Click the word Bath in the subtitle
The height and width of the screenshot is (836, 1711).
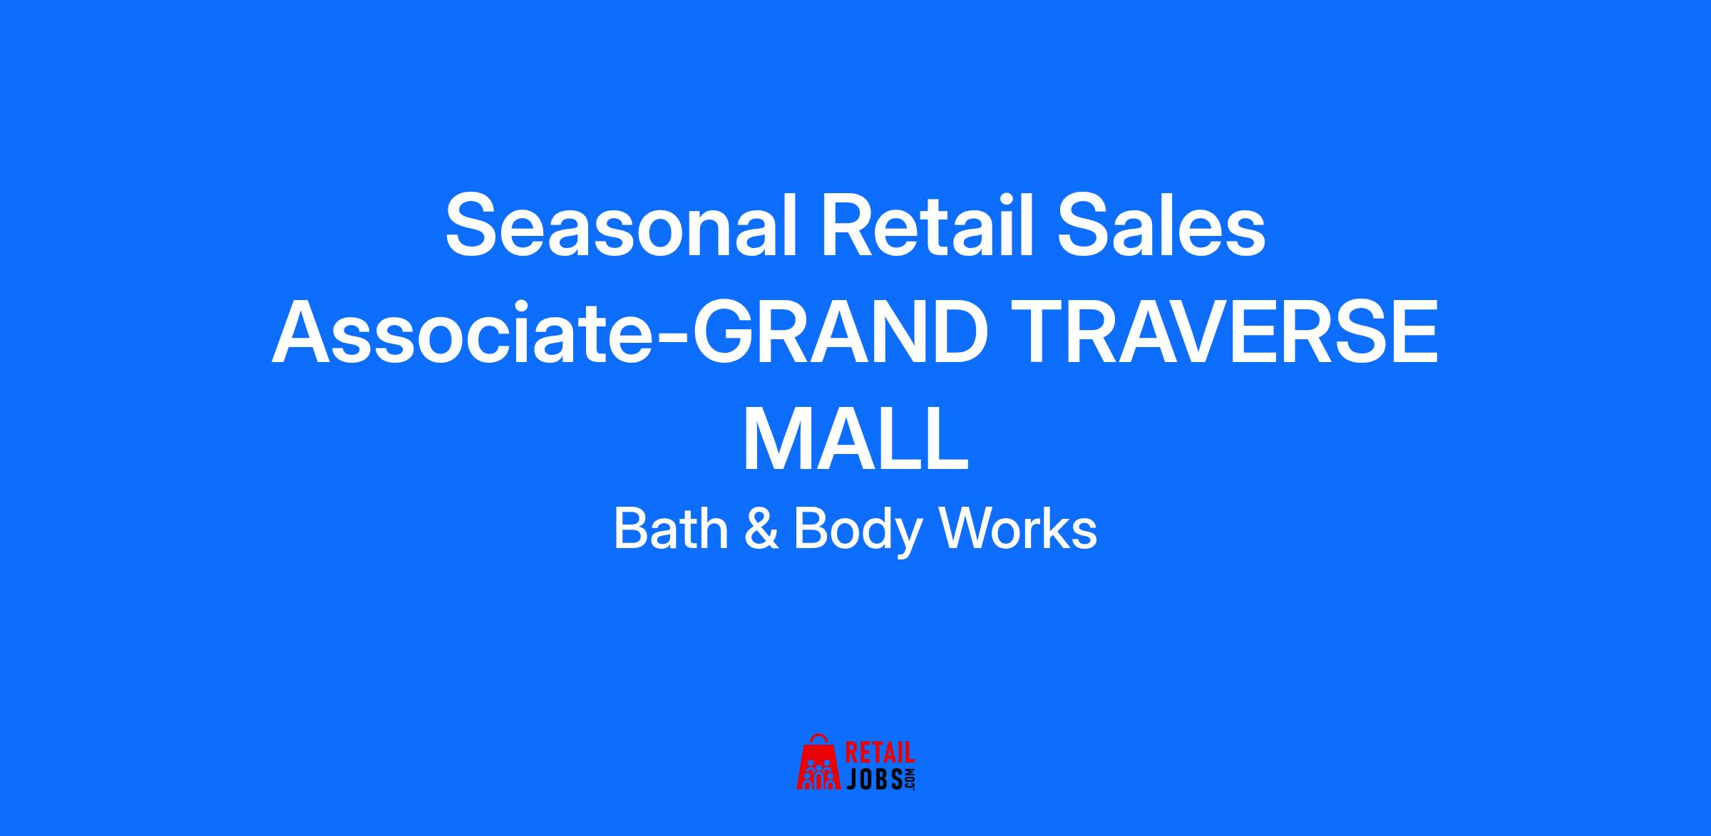point(671,529)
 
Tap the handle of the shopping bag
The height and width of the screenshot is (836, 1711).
point(820,739)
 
